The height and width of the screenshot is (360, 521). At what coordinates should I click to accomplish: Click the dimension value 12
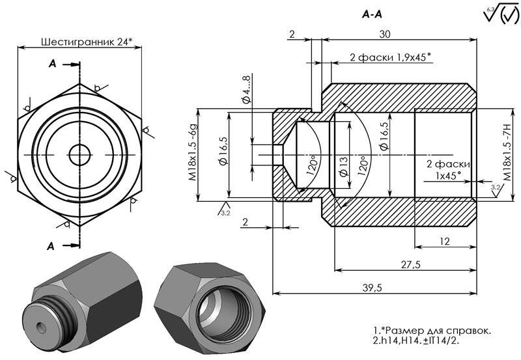click(x=444, y=241)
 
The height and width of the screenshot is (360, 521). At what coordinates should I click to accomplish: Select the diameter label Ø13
click(x=343, y=166)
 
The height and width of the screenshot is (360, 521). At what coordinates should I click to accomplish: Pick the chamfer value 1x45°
click(x=448, y=174)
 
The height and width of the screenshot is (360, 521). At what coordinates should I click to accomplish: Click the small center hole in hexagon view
click(x=81, y=154)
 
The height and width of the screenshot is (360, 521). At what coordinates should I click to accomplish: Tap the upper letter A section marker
click(x=53, y=64)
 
